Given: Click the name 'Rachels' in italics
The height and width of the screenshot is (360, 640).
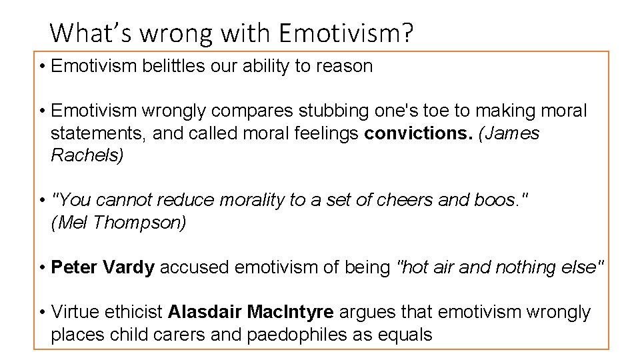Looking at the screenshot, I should tap(87, 155).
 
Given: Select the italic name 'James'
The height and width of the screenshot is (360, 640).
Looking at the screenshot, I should tap(509, 133).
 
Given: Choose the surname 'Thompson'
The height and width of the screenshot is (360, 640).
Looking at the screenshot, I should tap(140, 223).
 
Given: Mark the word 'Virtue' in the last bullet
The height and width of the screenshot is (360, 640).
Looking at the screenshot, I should tap(75, 312).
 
